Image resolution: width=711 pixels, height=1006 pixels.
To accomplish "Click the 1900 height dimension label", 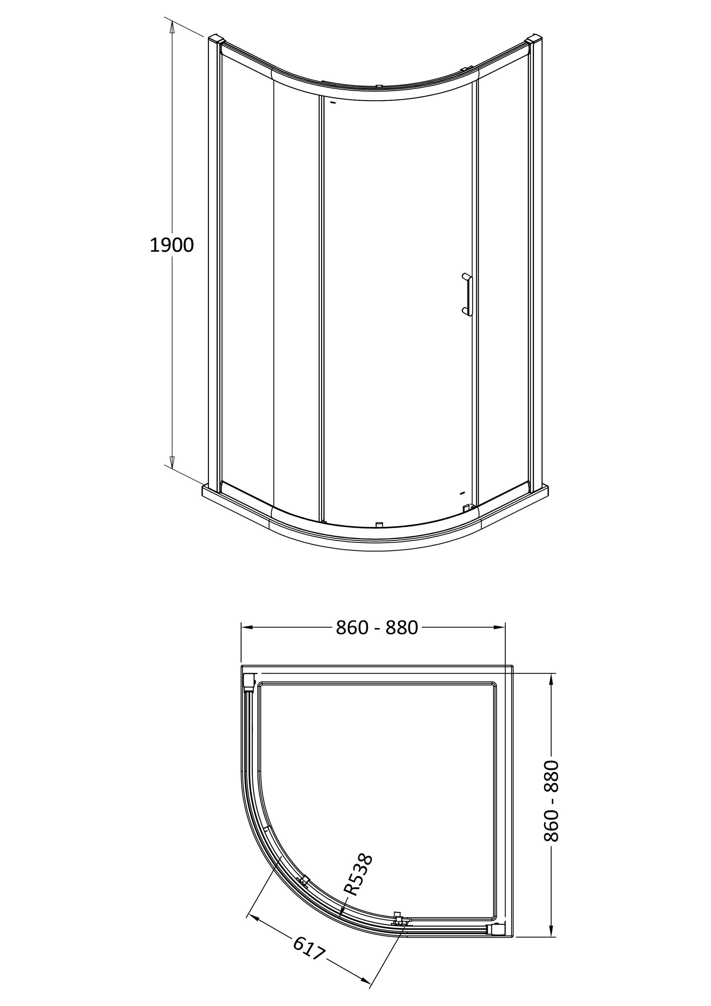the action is tap(171, 245).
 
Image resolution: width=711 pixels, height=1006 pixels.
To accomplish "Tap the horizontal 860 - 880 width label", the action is tap(377, 628).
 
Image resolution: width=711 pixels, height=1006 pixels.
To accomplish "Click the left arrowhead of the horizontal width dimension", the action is tap(248, 627).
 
